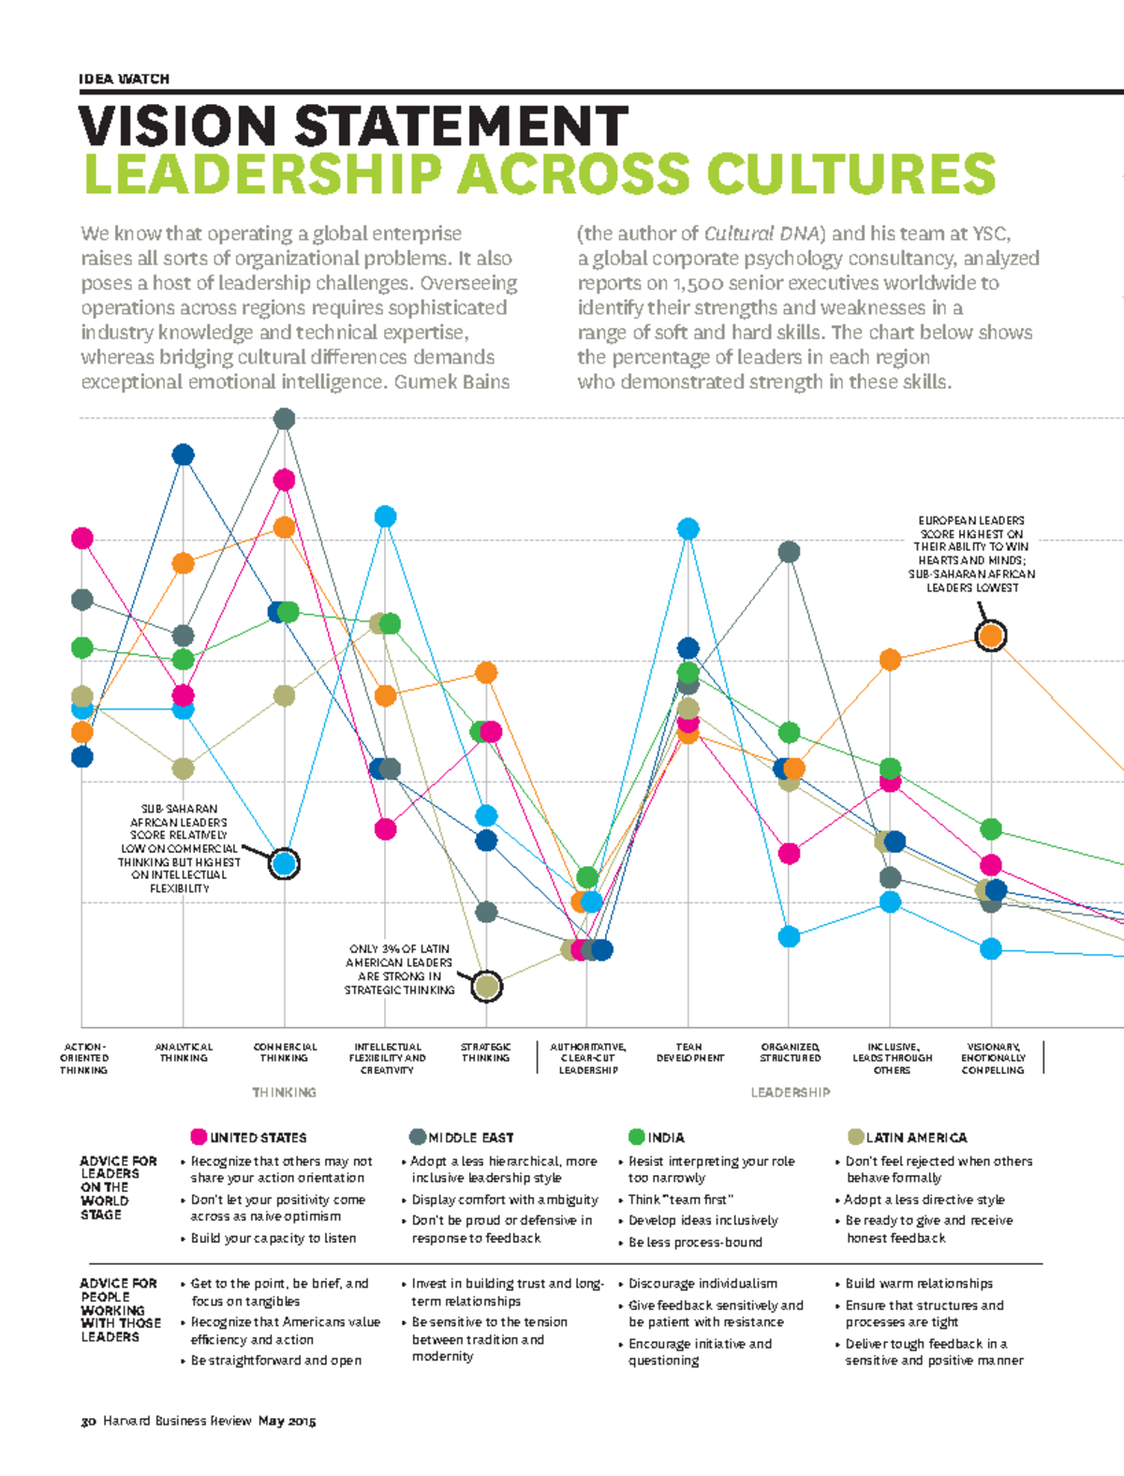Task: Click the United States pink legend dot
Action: coord(199,1137)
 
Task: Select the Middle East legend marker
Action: coord(418,1137)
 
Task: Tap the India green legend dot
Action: coord(636,1137)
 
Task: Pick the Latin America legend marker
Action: coord(855,1137)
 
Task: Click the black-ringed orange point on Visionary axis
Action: coord(991,636)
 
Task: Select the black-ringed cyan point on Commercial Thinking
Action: coord(284,863)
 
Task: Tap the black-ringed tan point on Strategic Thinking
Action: coord(486,986)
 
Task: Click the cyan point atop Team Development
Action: coord(688,529)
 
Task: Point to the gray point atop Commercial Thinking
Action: coord(284,419)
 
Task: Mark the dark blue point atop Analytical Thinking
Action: coord(183,455)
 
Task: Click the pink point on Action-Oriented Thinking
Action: coord(82,538)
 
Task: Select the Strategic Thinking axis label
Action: coord(485,1052)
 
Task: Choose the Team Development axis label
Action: coord(689,1052)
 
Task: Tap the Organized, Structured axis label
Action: coord(790,1052)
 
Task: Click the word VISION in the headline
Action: coord(179,127)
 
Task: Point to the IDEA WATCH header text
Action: coord(125,79)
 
